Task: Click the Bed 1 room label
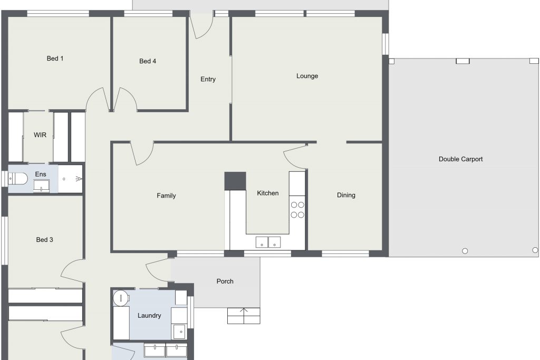tap(55, 59)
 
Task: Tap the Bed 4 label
tap(148, 61)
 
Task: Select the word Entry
tap(208, 79)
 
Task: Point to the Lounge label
tap(307, 76)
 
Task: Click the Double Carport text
tap(461, 159)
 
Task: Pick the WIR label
tap(40, 135)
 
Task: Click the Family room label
tap(166, 196)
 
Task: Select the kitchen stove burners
tap(297, 210)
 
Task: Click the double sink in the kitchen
tap(268, 242)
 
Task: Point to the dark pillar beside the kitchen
tap(235, 181)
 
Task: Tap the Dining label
tap(346, 195)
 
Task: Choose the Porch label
tap(225, 281)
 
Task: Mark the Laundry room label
tap(149, 316)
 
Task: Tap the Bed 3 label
tap(44, 239)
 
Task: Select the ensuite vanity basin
tap(41, 185)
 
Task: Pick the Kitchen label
tap(267, 193)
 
